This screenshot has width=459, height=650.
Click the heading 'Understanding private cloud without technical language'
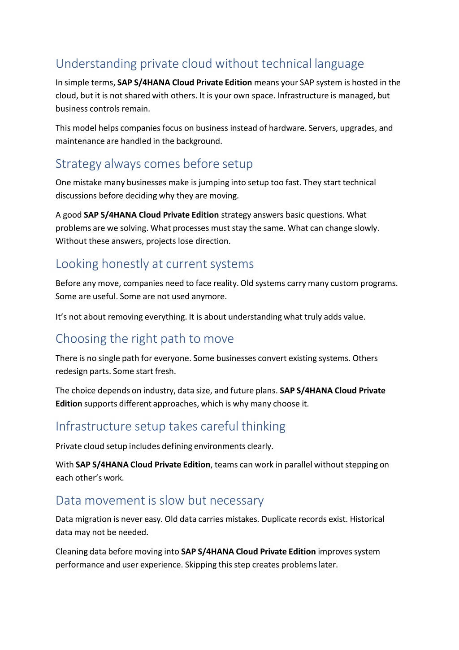point(209,64)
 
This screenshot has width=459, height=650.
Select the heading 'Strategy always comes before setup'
point(154,164)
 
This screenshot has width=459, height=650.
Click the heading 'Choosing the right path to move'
point(144,339)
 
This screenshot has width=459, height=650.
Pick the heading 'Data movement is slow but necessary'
point(159,500)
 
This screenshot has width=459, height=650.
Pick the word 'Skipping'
point(200,564)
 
